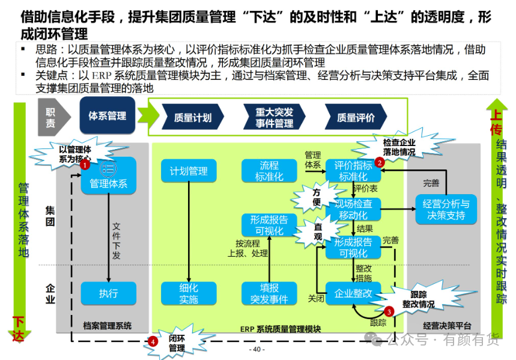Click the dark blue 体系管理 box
coord(108,115)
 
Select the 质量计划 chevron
coord(192,117)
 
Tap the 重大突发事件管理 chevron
coord(274,117)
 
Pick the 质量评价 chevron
coord(356,117)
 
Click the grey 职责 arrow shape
coord(53,117)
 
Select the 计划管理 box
coord(189,171)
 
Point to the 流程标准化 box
coord(269,171)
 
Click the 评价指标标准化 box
coord(353,171)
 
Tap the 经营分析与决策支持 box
coord(446,210)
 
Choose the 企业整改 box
coord(353,293)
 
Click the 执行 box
coord(109,293)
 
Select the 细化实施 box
coord(189,293)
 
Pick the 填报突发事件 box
coord(269,293)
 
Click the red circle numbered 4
coord(153,341)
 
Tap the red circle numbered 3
coord(389,311)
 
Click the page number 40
coord(256,349)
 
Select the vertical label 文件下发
coord(116,241)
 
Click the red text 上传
coord(496,123)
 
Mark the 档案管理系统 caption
coord(108,326)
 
